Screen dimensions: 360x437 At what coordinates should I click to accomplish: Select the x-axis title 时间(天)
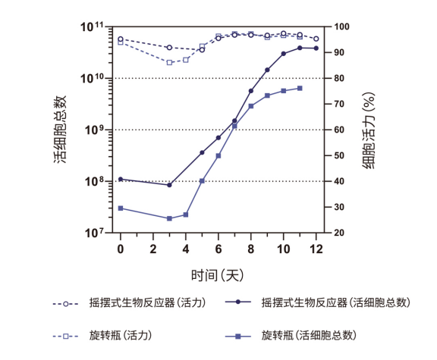click(x=218, y=272)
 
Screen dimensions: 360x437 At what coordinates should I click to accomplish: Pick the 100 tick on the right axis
click(x=341, y=27)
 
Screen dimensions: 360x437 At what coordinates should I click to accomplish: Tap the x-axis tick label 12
click(x=316, y=248)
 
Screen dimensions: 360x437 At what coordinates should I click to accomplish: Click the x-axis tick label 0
click(x=120, y=248)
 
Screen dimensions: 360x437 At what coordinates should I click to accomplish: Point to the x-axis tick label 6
click(x=218, y=248)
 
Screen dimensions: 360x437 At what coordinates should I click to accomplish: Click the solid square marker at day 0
click(x=120, y=208)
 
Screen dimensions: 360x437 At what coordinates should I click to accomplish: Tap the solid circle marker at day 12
click(x=316, y=48)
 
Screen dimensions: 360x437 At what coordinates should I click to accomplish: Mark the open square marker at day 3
click(x=169, y=63)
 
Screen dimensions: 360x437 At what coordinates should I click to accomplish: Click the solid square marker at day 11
click(x=300, y=88)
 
